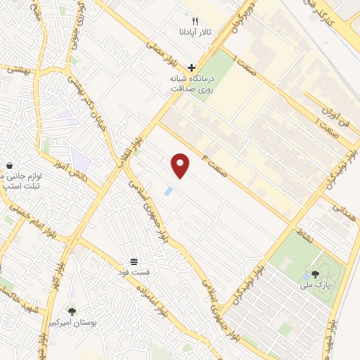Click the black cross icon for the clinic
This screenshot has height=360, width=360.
point(192,67)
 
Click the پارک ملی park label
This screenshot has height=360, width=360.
point(314,285)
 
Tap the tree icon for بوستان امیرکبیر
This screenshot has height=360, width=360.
point(72,310)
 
